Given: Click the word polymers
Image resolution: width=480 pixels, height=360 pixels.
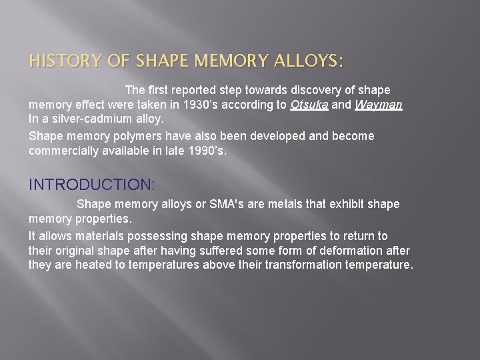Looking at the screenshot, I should [x=139, y=135].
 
